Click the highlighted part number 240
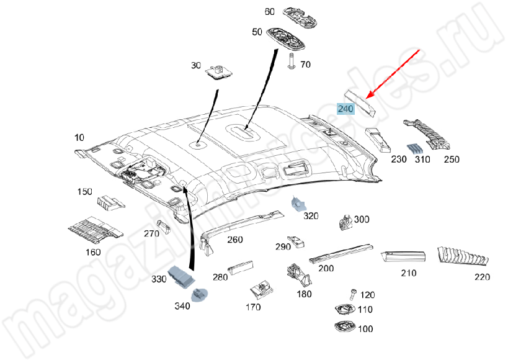(x=345, y=109)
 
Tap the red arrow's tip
(x=368, y=98)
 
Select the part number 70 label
(x=305, y=65)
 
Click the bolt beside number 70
(x=291, y=60)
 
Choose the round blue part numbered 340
(x=200, y=294)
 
